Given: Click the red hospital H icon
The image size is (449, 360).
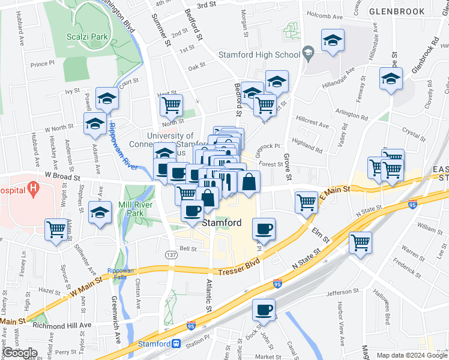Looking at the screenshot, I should click(34, 188).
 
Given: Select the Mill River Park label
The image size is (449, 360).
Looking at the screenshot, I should click(139, 208).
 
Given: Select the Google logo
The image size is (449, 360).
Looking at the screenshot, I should click(20, 353).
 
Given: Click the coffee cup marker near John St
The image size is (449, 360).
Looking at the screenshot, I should click(264, 310).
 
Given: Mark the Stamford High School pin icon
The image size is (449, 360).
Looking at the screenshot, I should click(309, 53).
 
